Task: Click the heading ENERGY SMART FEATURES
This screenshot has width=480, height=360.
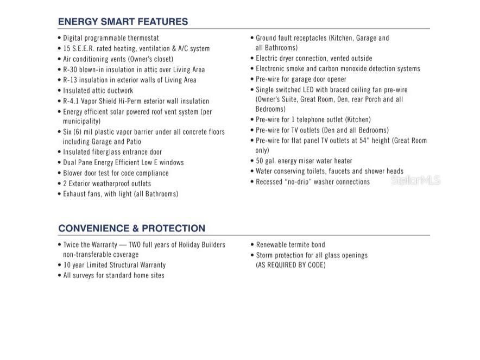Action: (123, 22)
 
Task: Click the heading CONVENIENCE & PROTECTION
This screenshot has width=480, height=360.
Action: (131, 228)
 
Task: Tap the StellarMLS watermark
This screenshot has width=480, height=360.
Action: (415, 180)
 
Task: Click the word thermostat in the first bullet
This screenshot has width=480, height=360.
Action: (143, 38)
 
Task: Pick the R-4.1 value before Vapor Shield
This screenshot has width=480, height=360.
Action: (72, 101)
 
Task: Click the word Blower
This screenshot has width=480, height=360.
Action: (74, 173)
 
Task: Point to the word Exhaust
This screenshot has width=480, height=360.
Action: (75, 194)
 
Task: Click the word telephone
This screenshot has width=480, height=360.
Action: (318, 119)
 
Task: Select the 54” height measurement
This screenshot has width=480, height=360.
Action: (365, 141)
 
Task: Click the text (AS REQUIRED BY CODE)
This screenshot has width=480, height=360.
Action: (290, 265)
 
